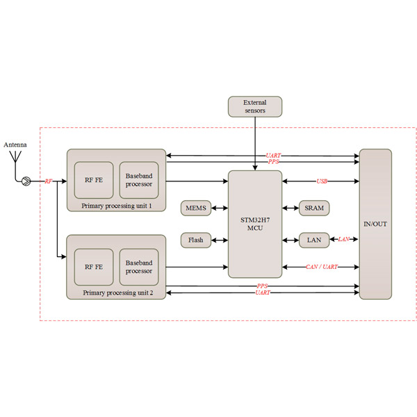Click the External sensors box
255,106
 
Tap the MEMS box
195,208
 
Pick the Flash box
195,240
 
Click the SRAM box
314,208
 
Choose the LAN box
314,240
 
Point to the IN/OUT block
375,224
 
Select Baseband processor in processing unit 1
138,180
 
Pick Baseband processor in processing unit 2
138,266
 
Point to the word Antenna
15,145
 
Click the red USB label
322,182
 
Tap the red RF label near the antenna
49,181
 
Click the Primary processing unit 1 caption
116,206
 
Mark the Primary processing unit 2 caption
116,293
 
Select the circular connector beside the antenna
26,182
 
